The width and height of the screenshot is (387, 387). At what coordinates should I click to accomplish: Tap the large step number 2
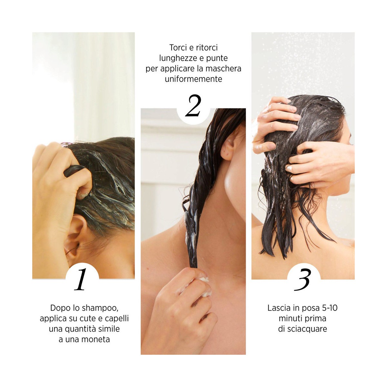(193, 106)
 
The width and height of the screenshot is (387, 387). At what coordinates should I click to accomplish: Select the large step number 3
(303, 280)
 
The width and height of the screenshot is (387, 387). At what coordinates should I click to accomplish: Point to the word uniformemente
(193, 79)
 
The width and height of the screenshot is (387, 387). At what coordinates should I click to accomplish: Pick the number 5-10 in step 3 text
(330, 308)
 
